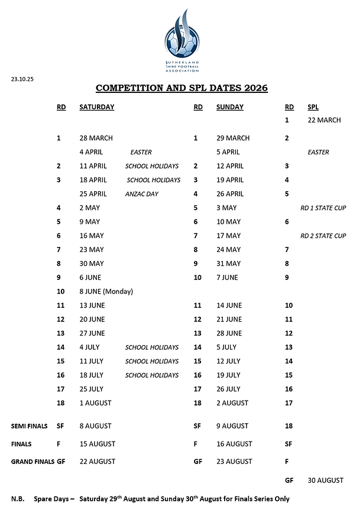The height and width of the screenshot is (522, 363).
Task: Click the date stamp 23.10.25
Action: [22, 79]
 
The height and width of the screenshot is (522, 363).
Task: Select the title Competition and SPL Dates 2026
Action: [181, 88]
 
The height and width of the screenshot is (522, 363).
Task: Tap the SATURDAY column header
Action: [96, 107]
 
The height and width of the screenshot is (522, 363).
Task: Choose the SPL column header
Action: [313, 107]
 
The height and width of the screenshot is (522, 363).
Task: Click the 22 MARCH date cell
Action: [324, 120]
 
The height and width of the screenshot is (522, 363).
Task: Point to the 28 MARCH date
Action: [96, 138]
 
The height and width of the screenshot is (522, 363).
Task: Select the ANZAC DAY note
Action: [141, 194]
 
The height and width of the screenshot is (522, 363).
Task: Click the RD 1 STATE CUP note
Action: [323, 208]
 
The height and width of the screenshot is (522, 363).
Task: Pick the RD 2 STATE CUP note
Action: [323, 236]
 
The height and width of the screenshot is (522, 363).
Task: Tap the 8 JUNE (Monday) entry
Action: [106, 291]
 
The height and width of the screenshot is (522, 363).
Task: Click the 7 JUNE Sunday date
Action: [227, 278]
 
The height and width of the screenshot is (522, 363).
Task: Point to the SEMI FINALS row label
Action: [30, 426]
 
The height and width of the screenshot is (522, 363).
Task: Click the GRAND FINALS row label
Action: [33, 462]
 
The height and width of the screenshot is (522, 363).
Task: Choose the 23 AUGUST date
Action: [235, 462]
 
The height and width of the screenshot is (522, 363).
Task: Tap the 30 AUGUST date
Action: [325, 481]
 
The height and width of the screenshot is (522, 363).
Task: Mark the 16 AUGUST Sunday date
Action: [235, 444]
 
